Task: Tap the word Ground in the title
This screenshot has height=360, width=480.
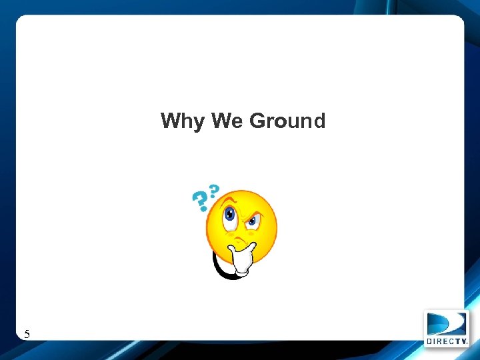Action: (x=287, y=121)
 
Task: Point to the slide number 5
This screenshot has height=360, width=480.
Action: (x=27, y=334)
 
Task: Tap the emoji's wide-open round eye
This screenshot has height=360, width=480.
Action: (x=230, y=215)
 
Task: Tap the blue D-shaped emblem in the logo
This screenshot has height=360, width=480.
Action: (x=446, y=323)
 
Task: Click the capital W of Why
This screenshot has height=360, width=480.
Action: (x=169, y=121)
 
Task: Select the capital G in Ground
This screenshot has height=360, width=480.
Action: (x=257, y=121)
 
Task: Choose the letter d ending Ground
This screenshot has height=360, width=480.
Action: (x=319, y=121)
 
